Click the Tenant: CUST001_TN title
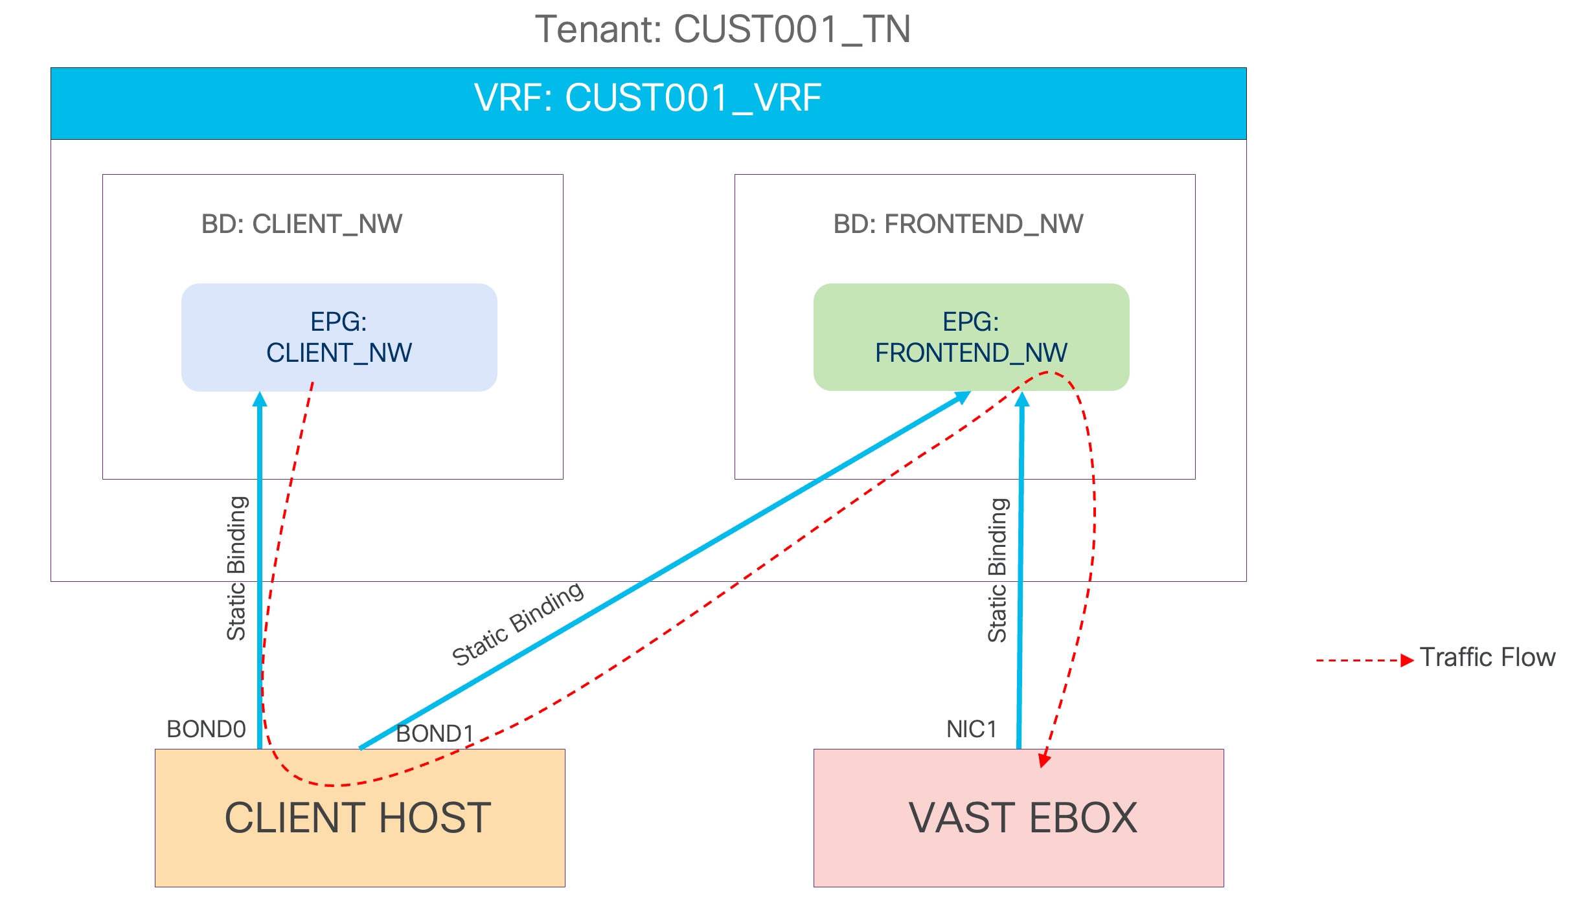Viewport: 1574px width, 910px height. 722,30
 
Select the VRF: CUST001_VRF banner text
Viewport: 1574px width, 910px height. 648,98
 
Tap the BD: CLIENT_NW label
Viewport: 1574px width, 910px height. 302,224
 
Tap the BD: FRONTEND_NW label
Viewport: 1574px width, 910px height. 958,224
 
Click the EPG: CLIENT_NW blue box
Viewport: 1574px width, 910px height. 339,337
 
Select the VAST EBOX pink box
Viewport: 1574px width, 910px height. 1022,818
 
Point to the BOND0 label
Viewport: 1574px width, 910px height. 206,729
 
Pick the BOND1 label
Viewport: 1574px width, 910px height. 435,734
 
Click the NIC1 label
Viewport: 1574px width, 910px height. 971,729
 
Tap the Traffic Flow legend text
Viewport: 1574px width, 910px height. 1487,658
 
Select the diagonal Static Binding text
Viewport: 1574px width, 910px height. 518,624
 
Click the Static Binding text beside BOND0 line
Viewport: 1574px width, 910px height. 236,568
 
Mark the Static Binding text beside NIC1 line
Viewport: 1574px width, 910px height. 998,570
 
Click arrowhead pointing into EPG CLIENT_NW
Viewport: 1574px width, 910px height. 260,399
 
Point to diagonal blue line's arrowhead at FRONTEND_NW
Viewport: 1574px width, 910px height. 963,397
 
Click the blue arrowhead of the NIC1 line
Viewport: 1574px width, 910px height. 1022,399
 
